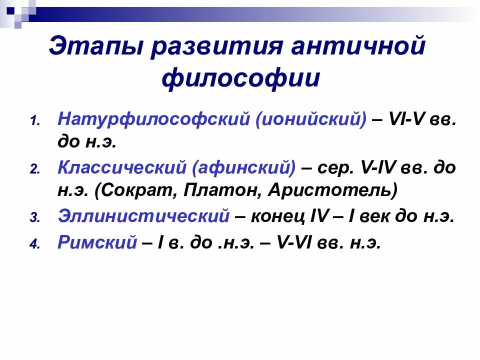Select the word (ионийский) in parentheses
[310, 120]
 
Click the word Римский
[97, 242]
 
